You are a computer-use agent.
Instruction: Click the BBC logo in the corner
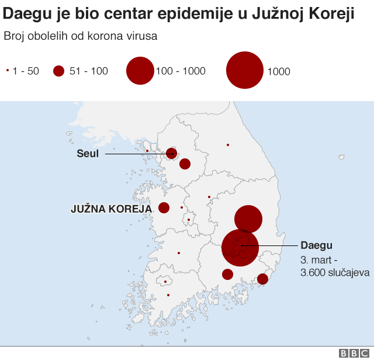pyautogui.click(x=351, y=353)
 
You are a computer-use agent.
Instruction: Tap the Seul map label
pyautogui.click(x=88, y=154)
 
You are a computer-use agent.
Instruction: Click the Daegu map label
pyautogui.click(x=316, y=245)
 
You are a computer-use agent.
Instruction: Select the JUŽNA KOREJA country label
pyautogui.click(x=111, y=208)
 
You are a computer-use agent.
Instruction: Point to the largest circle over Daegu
pyautogui.click(x=240, y=248)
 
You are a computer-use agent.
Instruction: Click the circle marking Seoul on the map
pyautogui.click(x=172, y=153)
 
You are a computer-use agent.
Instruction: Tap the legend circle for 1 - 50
pyautogui.click(x=8, y=71)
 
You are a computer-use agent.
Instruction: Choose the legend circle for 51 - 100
pyautogui.click(x=58, y=71)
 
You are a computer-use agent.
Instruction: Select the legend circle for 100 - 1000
pyautogui.click(x=140, y=71)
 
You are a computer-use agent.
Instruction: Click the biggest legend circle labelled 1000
pyautogui.click(x=244, y=70)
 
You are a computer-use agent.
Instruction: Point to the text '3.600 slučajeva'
pyautogui.click(x=335, y=272)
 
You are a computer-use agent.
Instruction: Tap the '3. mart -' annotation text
pyautogui.click(x=318, y=259)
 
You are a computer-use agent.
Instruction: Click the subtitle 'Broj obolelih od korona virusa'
pyautogui.click(x=80, y=36)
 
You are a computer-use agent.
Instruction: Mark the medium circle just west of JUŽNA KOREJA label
pyautogui.click(x=164, y=207)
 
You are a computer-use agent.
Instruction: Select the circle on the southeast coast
pyautogui.click(x=262, y=279)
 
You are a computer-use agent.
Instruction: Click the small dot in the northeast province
pyautogui.click(x=228, y=145)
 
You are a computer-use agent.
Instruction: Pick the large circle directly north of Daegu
pyautogui.click(x=248, y=219)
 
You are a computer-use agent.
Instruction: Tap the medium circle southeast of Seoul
pyautogui.click(x=185, y=164)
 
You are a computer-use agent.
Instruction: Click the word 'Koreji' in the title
pyautogui.click(x=334, y=13)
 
